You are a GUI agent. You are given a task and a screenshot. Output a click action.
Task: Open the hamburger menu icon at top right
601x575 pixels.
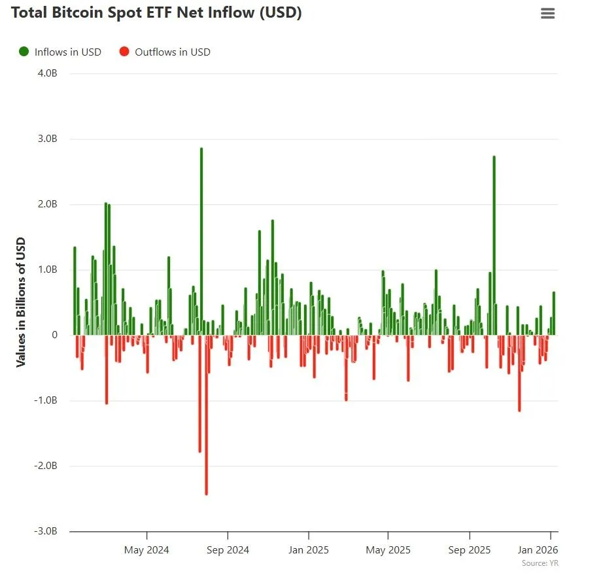(547, 14)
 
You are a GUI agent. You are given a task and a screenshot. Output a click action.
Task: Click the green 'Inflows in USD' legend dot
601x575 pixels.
(24, 52)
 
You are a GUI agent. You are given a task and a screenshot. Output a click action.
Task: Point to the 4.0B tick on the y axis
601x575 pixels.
(47, 73)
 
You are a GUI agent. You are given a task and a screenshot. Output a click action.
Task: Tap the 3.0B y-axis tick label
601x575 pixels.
(47, 139)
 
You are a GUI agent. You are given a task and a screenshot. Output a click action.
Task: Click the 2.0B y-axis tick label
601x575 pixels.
(47, 204)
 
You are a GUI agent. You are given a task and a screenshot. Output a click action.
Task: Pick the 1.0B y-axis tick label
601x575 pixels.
(47, 270)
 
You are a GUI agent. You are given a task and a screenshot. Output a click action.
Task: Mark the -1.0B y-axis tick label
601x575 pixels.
(46, 400)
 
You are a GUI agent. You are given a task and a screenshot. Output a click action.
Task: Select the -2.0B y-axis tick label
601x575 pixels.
(46, 466)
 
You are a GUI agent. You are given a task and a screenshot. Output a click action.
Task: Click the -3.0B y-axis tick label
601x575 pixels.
(46, 531)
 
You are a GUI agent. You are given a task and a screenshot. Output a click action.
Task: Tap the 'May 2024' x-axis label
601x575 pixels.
(146, 550)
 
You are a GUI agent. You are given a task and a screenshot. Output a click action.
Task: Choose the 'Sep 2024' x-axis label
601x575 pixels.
(227, 550)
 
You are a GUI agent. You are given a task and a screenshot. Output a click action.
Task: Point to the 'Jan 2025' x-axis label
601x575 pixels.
(308, 550)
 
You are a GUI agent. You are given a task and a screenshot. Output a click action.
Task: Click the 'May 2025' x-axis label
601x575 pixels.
(388, 550)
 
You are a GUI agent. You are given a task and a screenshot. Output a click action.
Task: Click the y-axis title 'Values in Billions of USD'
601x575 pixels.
(21, 302)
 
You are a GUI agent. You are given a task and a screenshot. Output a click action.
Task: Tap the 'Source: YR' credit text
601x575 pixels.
(540, 563)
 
